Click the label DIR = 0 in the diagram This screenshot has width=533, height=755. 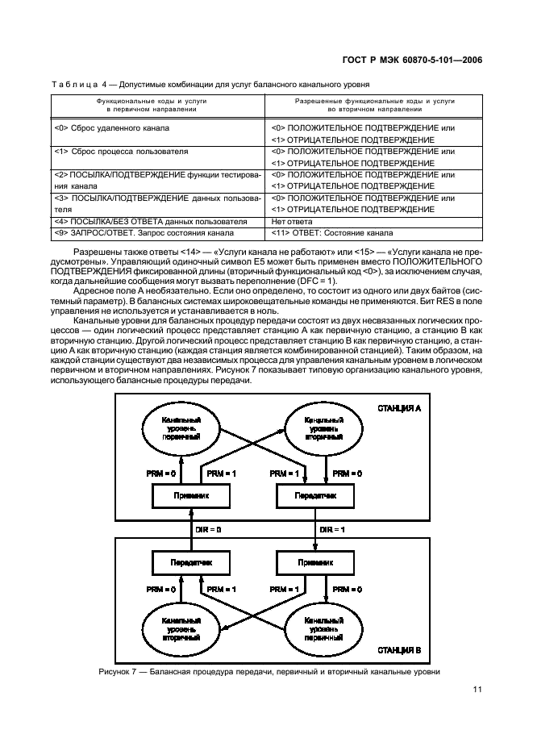pyautogui.click(x=208, y=530)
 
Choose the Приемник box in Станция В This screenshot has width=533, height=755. pyautogui.click(x=309, y=561)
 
